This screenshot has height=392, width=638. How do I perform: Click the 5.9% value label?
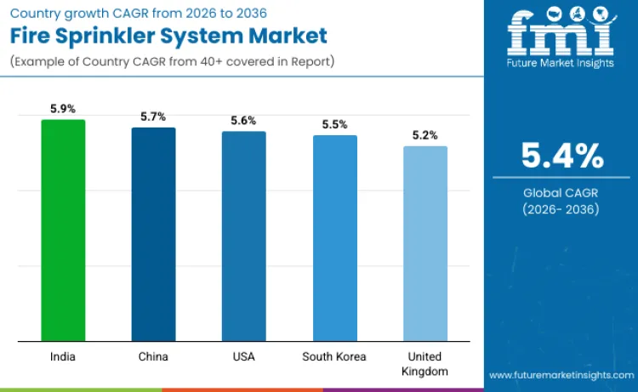pos(63,109)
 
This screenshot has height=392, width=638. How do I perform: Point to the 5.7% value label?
pos(153,116)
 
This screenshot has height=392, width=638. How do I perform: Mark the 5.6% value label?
pos(243,121)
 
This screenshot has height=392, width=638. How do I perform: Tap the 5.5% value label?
pos(334,124)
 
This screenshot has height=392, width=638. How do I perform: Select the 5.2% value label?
pos(424,135)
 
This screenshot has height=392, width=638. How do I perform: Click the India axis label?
pos(63,356)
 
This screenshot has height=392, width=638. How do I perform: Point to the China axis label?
pos(153,356)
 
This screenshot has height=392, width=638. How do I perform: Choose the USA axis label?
pos(243,356)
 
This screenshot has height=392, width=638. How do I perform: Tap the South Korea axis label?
pos(334,356)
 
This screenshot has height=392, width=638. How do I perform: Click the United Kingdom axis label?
pos(424,364)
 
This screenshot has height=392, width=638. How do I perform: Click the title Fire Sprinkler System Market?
pos(169,37)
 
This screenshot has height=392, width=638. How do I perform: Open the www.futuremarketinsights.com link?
pos(561,374)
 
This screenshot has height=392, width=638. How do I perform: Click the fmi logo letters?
pos(561,32)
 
